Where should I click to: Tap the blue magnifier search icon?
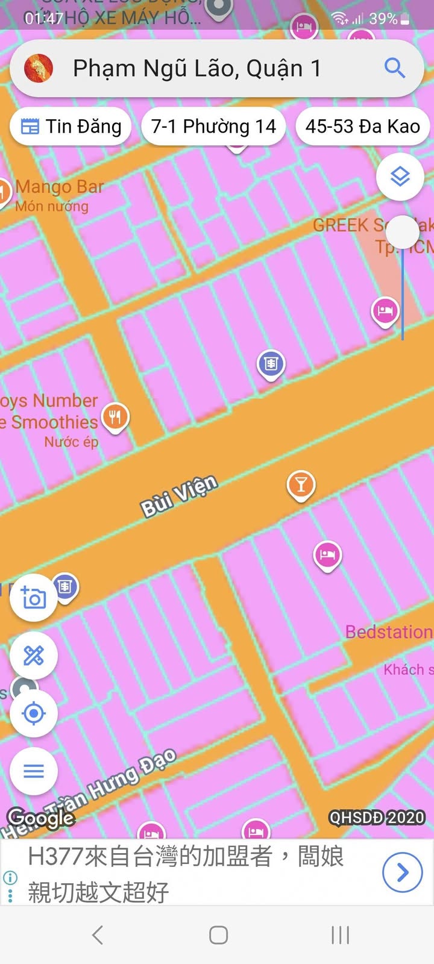point(395,68)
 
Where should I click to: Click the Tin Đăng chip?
point(71,127)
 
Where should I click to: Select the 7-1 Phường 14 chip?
point(213,127)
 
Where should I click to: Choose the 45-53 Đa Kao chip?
point(362,127)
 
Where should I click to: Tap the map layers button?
point(400,177)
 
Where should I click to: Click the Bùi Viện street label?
point(179,496)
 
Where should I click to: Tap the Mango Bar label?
point(60,187)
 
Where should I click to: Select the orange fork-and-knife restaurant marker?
point(115,417)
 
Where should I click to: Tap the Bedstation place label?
point(389,632)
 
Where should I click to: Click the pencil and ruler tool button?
point(34,656)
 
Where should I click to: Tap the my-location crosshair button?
point(34,713)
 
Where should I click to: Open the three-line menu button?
point(34,771)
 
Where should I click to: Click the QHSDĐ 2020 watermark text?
point(377,818)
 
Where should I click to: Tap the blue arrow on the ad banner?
point(402,872)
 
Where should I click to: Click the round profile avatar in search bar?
point(39,68)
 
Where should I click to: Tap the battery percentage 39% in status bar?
point(383,19)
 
